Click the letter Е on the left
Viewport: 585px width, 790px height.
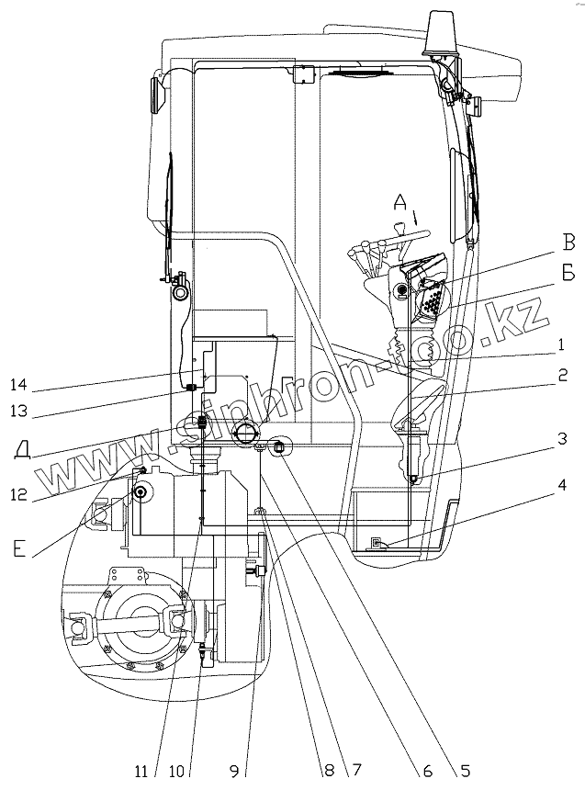pos(20,551)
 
